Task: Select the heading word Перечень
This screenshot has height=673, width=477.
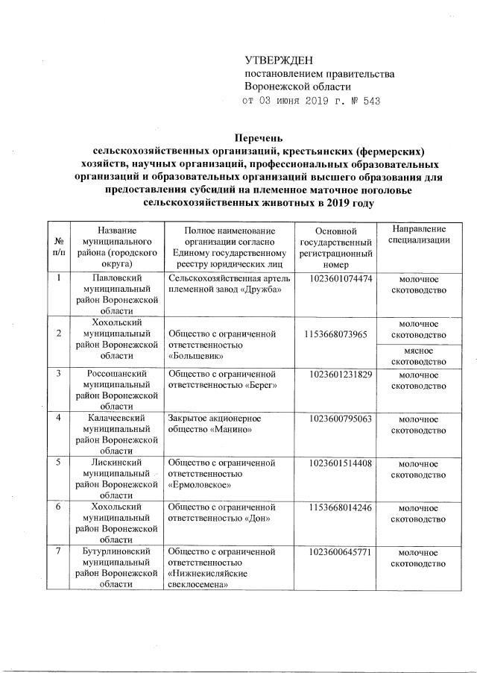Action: pos(259,139)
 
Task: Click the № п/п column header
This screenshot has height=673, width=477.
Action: pos(59,247)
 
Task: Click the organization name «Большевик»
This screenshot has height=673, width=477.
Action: pos(196,357)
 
